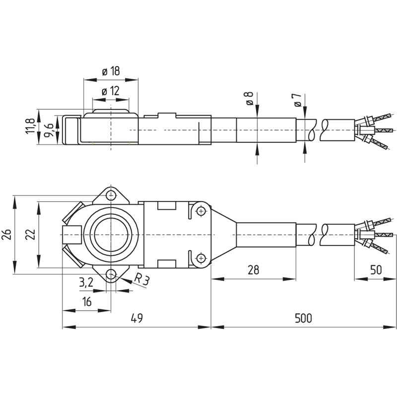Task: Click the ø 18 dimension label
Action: [x=111, y=71]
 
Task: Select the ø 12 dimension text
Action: [x=110, y=91]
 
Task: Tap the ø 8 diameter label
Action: [x=249, y=98]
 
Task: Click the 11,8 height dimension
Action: [x=30, y=126]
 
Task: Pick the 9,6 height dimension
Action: [x=49, y=130]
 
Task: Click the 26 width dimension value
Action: [x=6, y=234]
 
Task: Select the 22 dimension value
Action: [x=30, y=234]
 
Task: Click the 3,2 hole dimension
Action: [x=86, y=282]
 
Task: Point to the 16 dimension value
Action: [x=86, y=302]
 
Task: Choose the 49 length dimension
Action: [x=137, y=318]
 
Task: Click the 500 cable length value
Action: [x=303, y=318]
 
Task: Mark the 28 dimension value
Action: [x=253, y=270]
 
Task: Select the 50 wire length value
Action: [x=376, y=270]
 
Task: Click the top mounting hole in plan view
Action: [x=111, y=196]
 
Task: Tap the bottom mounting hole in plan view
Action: [x=111, y=274]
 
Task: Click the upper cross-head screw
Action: [x=201, y=210]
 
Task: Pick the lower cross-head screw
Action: [x=201, y=258]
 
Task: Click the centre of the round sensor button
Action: [x=111, y=235]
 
